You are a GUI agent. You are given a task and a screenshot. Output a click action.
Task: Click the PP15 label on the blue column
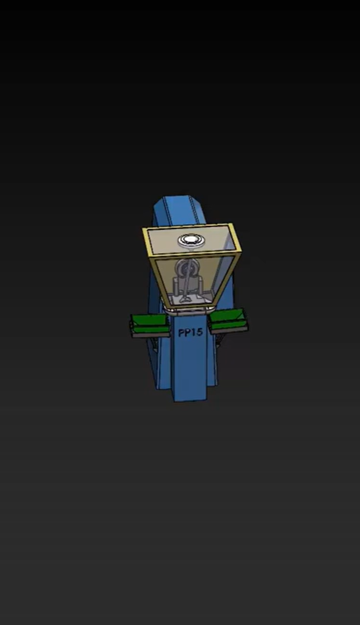[x=190, y=332]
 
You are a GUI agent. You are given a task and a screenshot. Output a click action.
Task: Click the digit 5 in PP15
[x=199, y=332]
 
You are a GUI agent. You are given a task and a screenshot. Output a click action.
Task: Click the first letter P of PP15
[x=182, y=333]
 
